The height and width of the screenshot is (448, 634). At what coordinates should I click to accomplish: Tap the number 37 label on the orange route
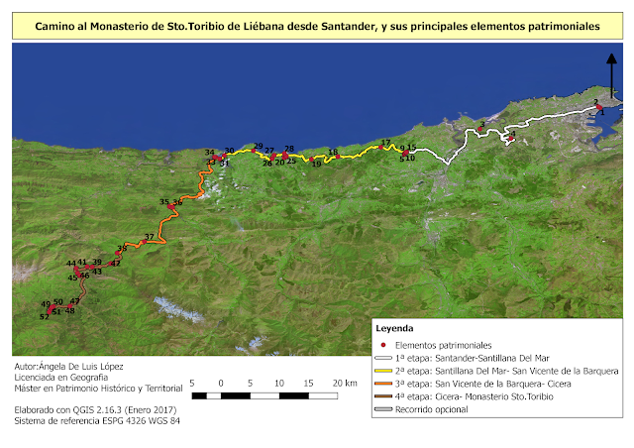149,237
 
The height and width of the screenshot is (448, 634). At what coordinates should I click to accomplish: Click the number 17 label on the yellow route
385,142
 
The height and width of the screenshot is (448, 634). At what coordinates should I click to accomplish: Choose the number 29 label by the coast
259,146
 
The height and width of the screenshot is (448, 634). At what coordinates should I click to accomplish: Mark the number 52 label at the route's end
44,316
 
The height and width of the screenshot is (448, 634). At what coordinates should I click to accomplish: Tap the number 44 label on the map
71,263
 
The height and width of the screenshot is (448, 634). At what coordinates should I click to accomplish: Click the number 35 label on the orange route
164,202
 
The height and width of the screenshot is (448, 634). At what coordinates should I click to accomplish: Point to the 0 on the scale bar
221,383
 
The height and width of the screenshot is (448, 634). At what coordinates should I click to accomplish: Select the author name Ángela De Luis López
79,367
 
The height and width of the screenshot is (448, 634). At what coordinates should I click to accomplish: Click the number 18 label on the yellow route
333,153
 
